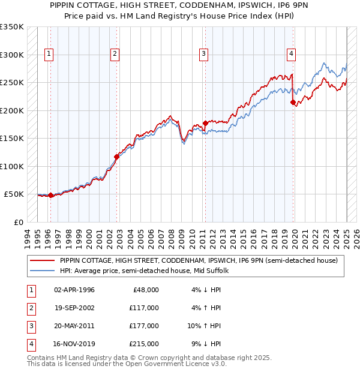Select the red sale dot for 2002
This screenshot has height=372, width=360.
point(116,157)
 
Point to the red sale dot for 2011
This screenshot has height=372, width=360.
point(205,123)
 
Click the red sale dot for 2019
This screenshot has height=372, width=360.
point(293,102)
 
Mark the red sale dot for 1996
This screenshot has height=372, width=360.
point(50,195)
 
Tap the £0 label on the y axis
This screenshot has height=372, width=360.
point(18,222)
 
